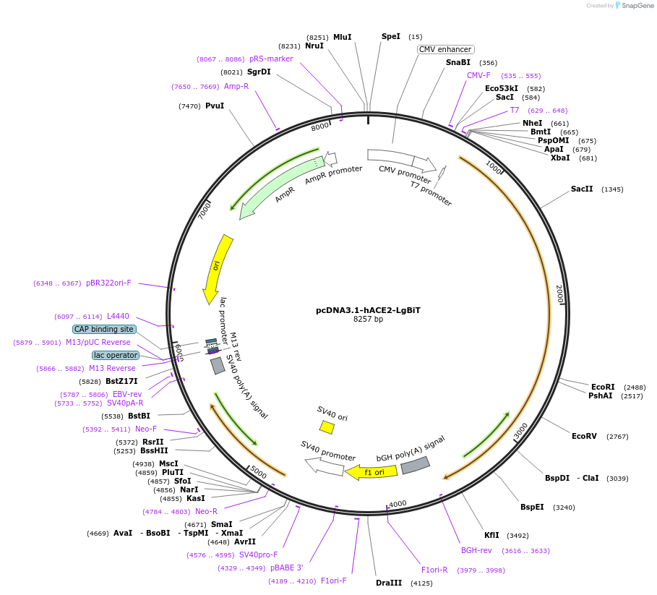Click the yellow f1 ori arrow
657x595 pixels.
click(372, 472)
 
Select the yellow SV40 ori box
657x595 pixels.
click(327, 427)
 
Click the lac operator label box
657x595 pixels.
click(116, 355)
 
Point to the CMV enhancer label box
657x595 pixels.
click(445, 50)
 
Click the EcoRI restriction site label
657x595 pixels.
click(603, 387)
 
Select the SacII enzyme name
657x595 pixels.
click(582, 189)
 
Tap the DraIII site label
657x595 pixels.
click(389, 583)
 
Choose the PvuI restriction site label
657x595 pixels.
click(215, 106)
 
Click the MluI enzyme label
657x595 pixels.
click(342, 37)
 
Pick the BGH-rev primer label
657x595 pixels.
click(476, 550)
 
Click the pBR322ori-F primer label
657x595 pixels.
click(108, 283)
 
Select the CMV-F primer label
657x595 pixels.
click(478, 75)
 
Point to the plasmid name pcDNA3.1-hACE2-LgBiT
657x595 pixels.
click(368, 310)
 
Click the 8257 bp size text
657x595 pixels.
click(368, 319)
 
